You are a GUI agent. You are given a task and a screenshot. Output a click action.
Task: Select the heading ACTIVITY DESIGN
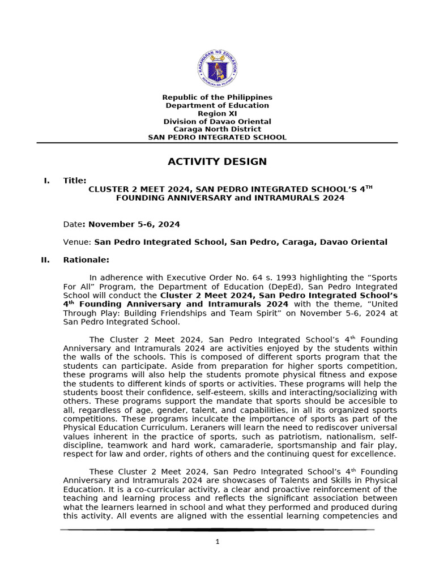(217, 162)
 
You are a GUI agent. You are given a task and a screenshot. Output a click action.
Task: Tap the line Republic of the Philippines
(217, 97)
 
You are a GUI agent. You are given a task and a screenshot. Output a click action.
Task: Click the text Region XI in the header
(217, 113)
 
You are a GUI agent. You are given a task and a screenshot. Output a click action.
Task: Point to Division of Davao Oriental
(217, 121)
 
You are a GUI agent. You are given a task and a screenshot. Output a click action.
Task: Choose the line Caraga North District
(217, 129)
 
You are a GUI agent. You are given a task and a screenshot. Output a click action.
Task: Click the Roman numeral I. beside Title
(46, 180)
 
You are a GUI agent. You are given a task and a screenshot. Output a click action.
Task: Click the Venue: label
(77, 242)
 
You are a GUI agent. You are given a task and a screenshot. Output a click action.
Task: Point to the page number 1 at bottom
(217, 541)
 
